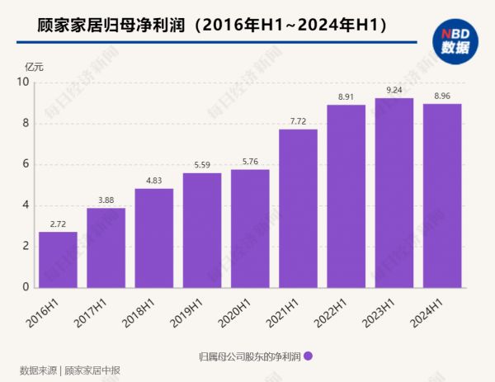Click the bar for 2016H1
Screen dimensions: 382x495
tap(58, 259)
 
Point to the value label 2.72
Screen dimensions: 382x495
tap(58, 224)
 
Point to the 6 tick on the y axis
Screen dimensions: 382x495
tap(26, 164)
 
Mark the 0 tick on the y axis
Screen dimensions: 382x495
tap(26, 287)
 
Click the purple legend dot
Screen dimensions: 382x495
tap(308, 356)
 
